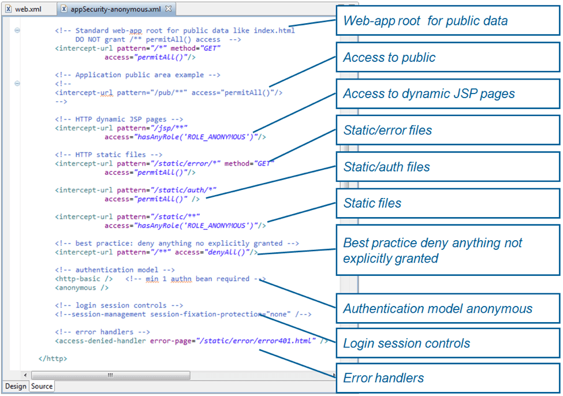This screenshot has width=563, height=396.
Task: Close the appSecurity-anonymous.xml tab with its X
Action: click(x=169, y=9)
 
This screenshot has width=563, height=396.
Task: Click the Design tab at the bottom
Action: click(x=16, y=386)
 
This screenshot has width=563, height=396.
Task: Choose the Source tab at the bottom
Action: click(x=42, y=386)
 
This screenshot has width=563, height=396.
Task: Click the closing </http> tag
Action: click(x=53, y=358)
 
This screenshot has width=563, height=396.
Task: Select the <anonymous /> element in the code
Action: click(x=81, y=287)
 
